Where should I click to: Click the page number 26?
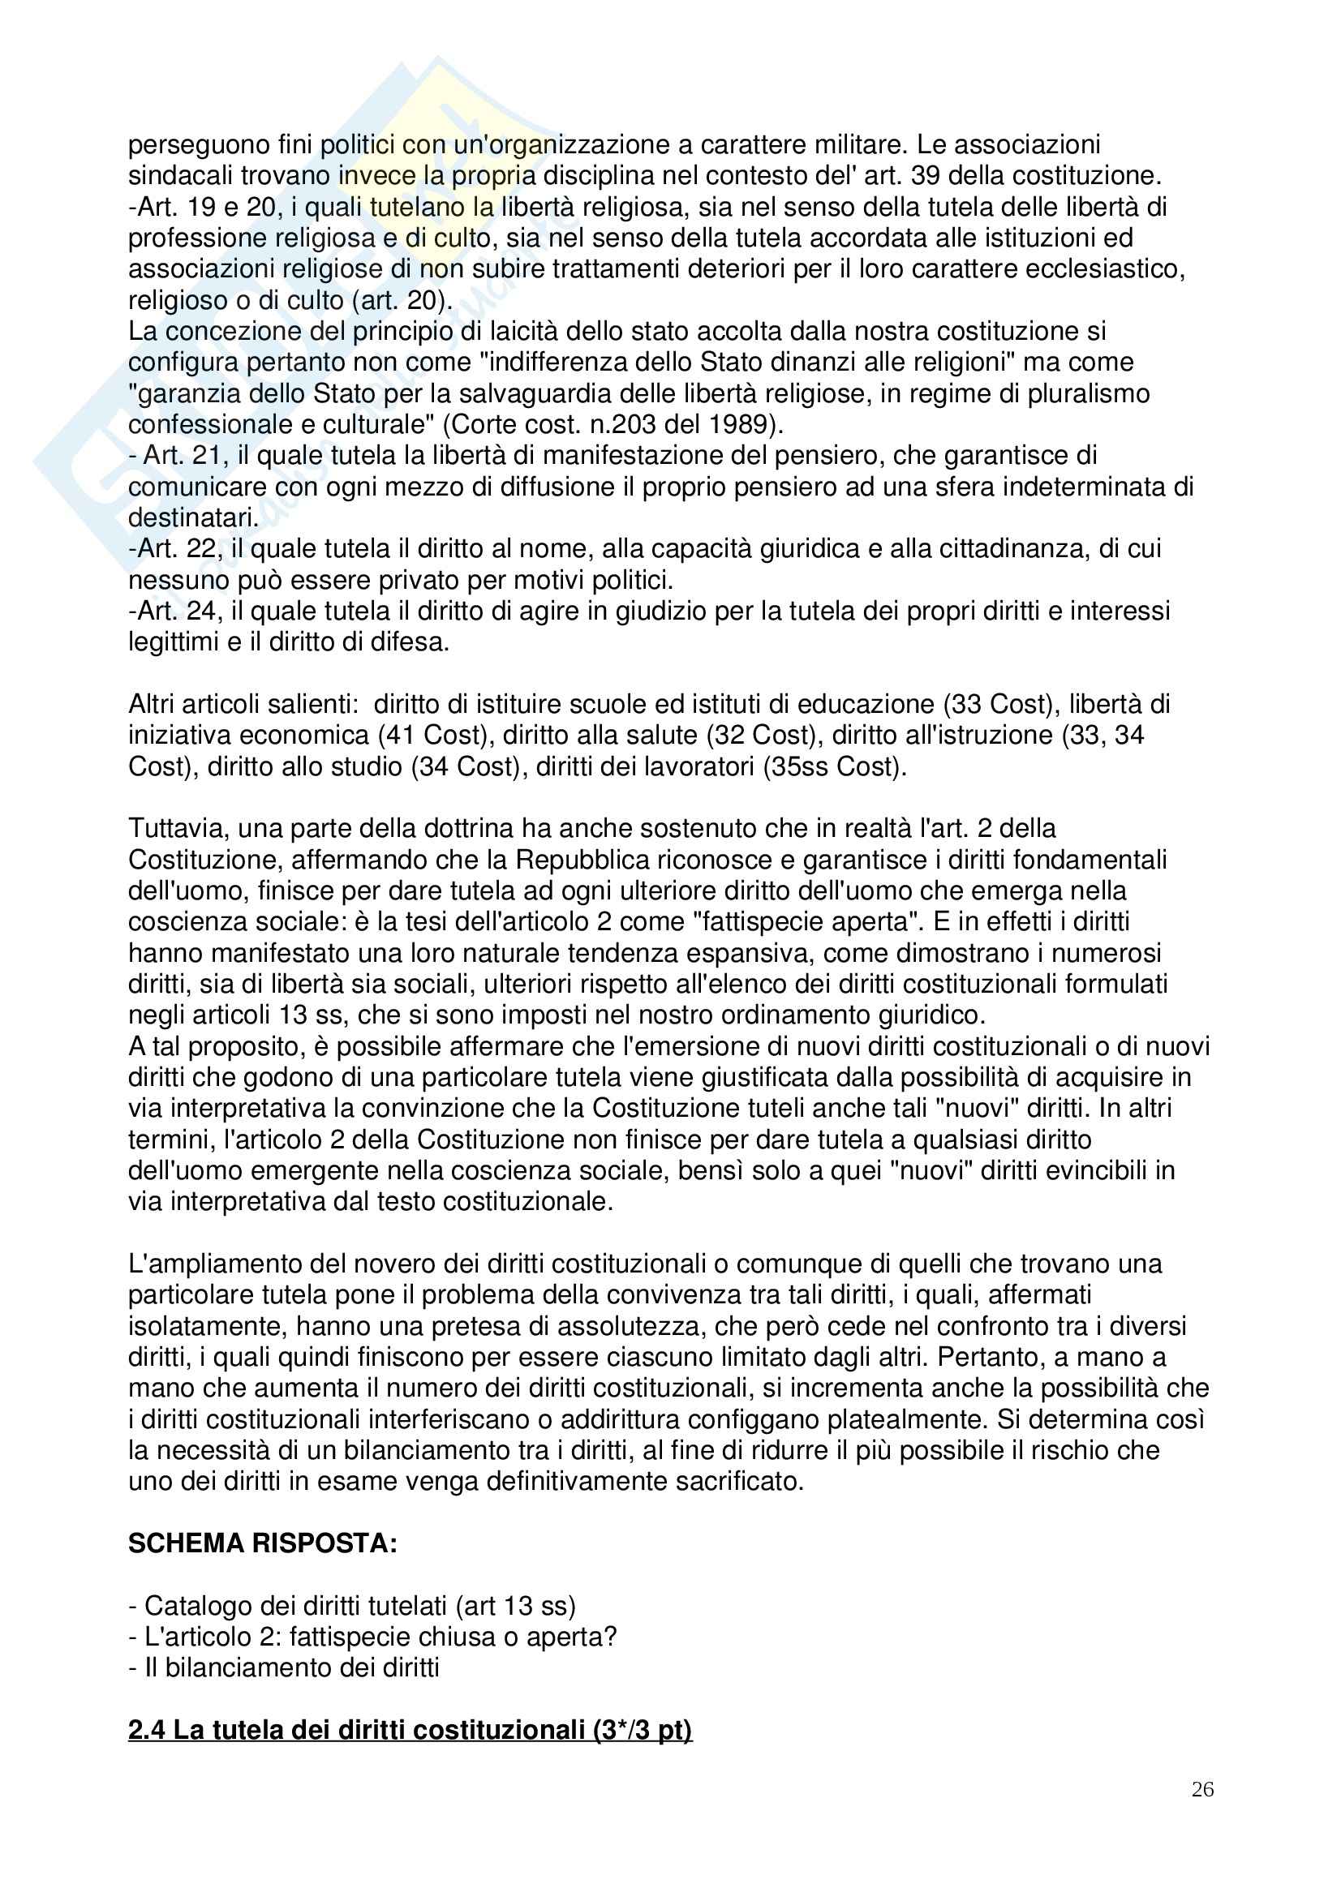click(1202, 1813)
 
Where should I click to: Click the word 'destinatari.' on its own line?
click(193, 518)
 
